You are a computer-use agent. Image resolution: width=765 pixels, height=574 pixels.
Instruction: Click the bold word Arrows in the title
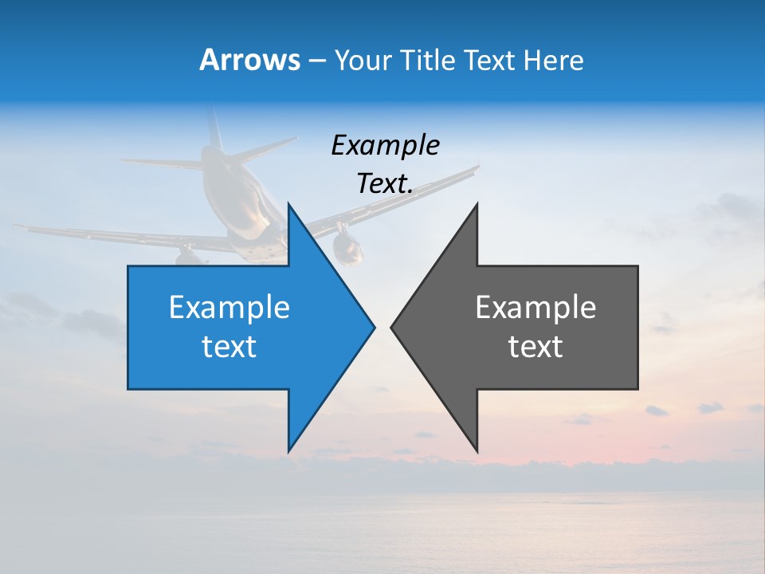click(x=249, y=60)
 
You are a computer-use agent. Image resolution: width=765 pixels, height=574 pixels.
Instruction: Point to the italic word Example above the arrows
click(x=385, y=145)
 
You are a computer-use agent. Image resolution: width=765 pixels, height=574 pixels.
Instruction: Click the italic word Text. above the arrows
click(x=385, y=184)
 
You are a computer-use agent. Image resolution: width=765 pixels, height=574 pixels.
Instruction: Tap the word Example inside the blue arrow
click(x=229, y=308)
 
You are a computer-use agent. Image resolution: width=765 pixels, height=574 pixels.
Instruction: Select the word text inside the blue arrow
click(x=229, y=347)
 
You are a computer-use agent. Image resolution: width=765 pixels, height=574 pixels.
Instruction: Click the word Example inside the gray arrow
click(x=535, y=308)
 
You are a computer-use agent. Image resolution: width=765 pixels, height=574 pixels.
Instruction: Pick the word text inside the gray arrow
click(x=535, y=347)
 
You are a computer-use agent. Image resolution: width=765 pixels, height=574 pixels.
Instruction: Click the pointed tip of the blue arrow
click(x=374, y=327)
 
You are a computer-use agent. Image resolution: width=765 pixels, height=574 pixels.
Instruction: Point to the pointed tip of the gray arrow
click(x=391, y=327)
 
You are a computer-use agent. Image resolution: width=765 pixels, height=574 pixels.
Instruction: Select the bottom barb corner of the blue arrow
click(x=288, y=450)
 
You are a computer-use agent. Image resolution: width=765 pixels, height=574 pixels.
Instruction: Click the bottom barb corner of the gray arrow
click(x=477, y=450)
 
